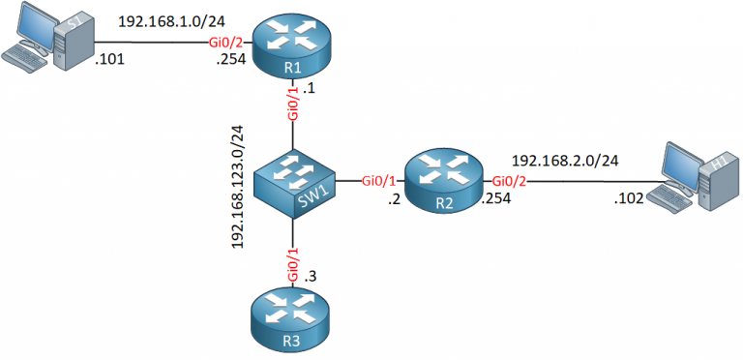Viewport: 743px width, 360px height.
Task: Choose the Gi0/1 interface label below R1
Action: [290, 103]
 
